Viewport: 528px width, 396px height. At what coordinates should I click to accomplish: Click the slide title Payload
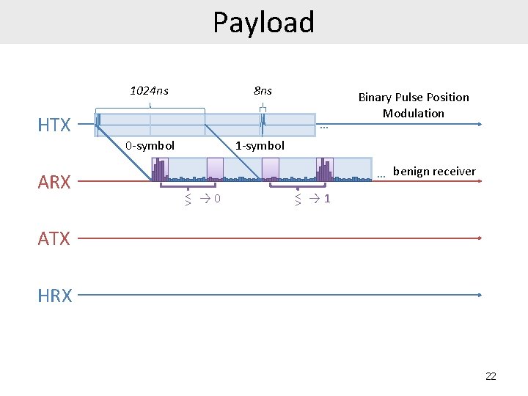[263, 22]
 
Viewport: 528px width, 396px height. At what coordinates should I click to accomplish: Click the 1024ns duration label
[149, 91]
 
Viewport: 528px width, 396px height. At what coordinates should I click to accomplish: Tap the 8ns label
[263, 91]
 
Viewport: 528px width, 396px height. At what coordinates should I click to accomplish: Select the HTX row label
[54, 125]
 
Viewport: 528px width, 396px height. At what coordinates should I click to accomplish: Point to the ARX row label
[54, 182]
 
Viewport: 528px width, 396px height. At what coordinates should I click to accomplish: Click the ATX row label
[54, 238]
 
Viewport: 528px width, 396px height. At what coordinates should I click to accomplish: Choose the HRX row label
[55, 296]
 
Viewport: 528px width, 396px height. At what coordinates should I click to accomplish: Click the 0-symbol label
[150, 145]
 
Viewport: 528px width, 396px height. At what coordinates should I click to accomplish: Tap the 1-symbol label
[260, 145]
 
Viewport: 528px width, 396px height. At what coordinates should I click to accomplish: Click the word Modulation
[414, 113]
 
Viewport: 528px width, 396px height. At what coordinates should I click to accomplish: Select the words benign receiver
[434, 172]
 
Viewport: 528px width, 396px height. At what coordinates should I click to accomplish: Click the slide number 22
[491, 376]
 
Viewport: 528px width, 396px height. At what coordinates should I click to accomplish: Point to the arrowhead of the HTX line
[480, 125]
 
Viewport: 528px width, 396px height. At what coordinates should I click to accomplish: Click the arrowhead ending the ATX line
[480, 238]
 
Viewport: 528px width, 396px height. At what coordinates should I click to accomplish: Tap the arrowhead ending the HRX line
[480, 295]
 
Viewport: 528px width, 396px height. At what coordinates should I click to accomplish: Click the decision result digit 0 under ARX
[219, 198]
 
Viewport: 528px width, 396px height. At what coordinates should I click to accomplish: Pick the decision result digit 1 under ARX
[327, 198]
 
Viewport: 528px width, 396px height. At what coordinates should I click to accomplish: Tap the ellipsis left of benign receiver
[381, 175]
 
